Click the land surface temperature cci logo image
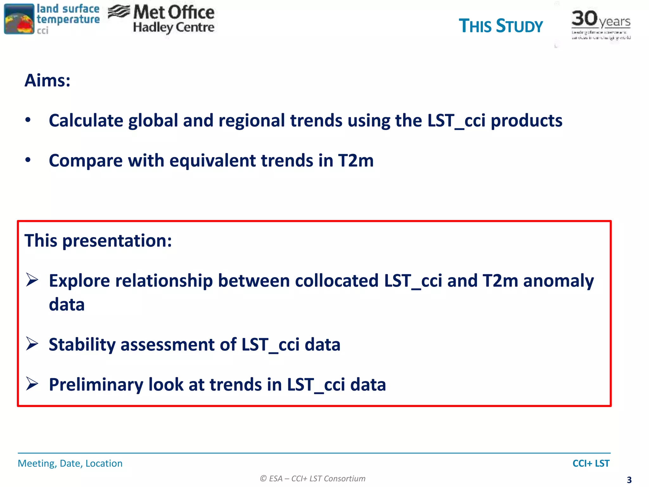[x=19, y=19]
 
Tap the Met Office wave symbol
[x=119, y=12]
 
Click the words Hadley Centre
[x=174, y=28]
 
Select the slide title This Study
[x=501, y=26]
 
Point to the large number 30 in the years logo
[x=584, y=18]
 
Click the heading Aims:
[x=48, y=80]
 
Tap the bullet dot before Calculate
[x=28, y=120]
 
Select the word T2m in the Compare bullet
[x=356, y=160]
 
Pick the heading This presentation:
[x=98, y=241]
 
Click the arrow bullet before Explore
[x=32, y=280]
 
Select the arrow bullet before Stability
[x=32, y=344]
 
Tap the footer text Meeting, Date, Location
[x=70, y=464]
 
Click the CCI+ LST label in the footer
[x=591, y=464]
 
